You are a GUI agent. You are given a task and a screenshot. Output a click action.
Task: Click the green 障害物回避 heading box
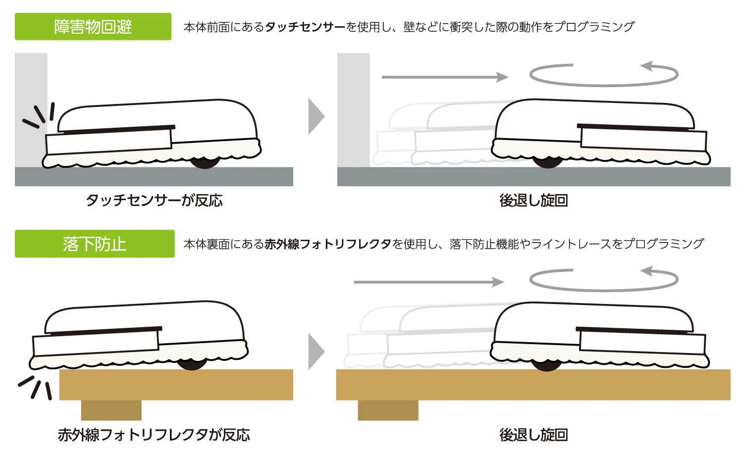pos(93,27)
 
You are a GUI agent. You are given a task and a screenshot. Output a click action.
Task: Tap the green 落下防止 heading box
pos(95,244)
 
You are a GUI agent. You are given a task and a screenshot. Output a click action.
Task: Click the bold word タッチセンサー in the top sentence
pos(305,27)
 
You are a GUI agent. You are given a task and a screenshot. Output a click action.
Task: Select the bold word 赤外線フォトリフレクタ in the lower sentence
pos(328,244)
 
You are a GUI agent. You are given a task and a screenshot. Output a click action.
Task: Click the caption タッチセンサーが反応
pos(154,201)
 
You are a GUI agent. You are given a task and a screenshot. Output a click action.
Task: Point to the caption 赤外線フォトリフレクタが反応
pos(154,435)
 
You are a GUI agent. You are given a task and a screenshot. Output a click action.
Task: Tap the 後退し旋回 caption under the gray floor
pos(533,201)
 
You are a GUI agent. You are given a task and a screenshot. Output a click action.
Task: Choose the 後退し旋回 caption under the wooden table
pos(533,435)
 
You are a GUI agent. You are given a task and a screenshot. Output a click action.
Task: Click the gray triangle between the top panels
pos(316,116)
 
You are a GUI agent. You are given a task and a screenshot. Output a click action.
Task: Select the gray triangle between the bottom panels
pos(316,352)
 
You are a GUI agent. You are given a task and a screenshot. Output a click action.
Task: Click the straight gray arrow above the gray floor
pos(445,77)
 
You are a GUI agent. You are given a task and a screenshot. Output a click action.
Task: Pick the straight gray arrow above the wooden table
pos(429,282)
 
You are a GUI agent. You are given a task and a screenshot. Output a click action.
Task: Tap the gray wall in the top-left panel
pos(31,110)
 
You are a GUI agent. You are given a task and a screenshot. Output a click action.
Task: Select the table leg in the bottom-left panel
pos(111,410)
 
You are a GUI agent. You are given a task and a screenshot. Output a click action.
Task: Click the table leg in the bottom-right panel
pos(388,410)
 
